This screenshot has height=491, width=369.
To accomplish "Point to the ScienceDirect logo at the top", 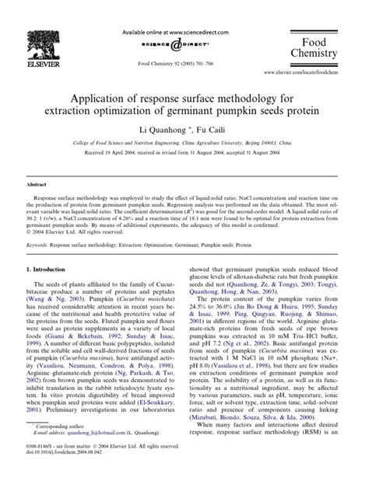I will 184,38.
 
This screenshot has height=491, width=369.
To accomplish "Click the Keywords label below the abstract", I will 40,244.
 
